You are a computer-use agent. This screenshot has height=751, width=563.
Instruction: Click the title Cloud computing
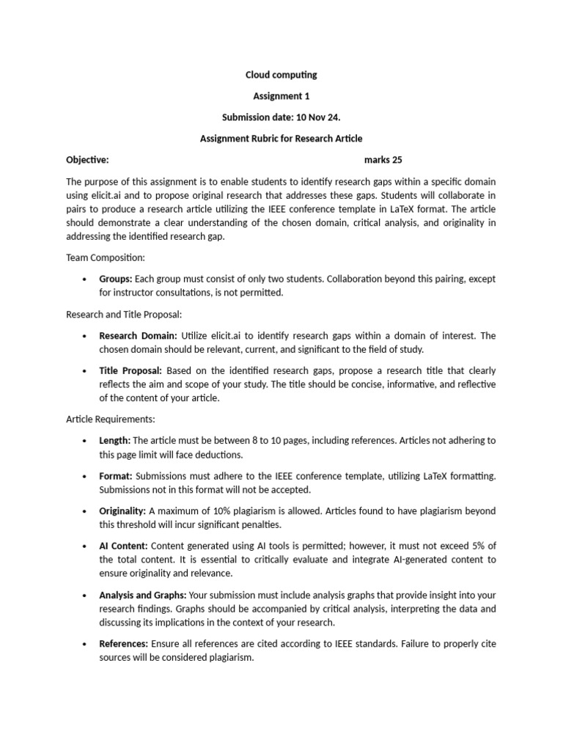(x=281, y=75)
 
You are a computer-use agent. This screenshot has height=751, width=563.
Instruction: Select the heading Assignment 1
(x=281, y=96)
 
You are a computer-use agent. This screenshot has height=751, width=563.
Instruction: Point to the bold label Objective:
(x=87, y=160)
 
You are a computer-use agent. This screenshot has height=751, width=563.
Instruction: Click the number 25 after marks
(x=397, y=160)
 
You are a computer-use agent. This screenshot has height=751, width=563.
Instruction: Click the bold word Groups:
(x=116, y=279)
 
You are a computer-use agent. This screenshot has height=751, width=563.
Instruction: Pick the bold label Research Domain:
(x=138, y=336)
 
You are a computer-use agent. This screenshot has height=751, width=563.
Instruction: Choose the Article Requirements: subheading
(x=111, y=420)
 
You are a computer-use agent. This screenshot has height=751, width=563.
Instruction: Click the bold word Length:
(x=114, y=441)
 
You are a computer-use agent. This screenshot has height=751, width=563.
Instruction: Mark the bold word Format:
(x=116, y=476)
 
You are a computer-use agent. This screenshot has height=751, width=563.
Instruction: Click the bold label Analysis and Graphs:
(x=143, y=595)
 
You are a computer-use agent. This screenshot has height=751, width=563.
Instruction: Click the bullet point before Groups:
(x=84, y=279)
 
